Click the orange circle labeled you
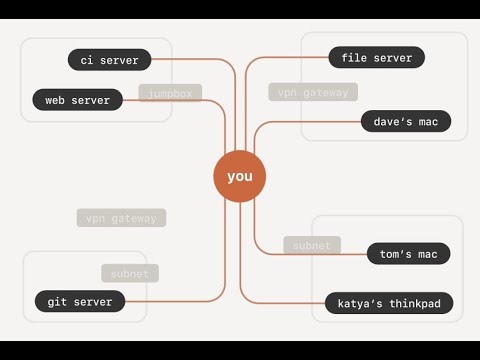tap(240, 176)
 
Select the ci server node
tap(110, 60)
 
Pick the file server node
tap(376, 58)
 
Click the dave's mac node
tap(405, 122)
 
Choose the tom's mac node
tap(408, 254)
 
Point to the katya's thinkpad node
tap(389, 302)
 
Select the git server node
tap(80, 300)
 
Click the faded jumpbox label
tap(170, 94)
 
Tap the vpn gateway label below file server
tap(313, 92)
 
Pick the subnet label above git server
tap(130, 273)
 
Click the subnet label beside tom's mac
tap(312, 245)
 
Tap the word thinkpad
tap(411, 302)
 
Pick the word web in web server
tap(58, 100)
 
